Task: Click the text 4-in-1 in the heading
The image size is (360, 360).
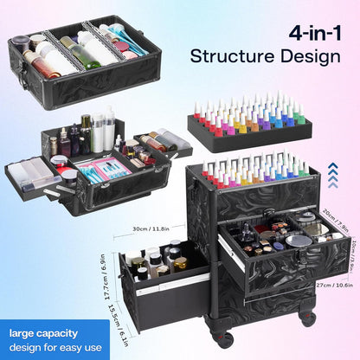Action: pos(315,35)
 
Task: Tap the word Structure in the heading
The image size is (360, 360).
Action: pos(232,56)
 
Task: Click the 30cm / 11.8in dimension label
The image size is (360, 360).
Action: pos(151,228)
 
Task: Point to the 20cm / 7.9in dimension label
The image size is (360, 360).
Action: pos(336,220)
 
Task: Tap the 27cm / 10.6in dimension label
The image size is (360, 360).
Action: pos(335,286)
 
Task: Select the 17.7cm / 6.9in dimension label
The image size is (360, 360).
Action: pos(106,277)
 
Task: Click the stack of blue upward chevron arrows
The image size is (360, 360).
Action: pos(333,175)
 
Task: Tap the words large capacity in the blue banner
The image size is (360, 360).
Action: pos(43,334)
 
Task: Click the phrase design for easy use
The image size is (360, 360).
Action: pos(55,347)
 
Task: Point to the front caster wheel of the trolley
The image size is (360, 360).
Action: pos(225,338)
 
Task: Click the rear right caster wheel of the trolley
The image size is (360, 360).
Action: pos(307,318)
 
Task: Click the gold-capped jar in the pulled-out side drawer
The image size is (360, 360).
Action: pos(181,264)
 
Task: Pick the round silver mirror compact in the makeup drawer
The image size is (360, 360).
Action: pos(299,241)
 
